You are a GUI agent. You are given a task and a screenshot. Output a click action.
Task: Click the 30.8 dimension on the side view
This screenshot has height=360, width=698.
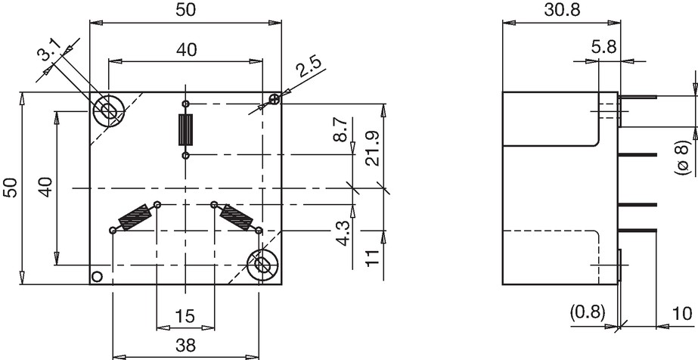(x=562, y=10)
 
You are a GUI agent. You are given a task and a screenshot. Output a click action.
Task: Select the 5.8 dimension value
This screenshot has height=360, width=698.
(x=604, y=46)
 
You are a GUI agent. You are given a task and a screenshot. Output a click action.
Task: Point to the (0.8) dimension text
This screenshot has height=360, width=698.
(x=588, y=312)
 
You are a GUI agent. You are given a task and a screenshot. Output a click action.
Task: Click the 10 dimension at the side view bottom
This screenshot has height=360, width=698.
(x=681, y=313)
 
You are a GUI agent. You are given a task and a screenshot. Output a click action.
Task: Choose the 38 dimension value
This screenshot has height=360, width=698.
(x=185, y=346)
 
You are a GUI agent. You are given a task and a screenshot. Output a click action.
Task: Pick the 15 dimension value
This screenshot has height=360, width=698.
(x=185, y=316)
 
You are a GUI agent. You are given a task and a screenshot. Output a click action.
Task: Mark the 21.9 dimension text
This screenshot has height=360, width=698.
(x=372, y=149)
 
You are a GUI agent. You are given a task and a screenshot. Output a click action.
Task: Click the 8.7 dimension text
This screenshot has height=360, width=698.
(x=340, y=129)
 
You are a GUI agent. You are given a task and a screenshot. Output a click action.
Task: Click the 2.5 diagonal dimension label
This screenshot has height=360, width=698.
(x=309, y=67)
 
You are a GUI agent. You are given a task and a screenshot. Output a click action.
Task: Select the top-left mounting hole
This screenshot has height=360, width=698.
(x=107, y=110)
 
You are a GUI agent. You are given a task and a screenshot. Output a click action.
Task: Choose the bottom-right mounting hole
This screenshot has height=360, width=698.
(x=262, y=265)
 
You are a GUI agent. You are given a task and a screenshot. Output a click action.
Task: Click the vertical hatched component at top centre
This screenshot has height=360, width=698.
(x=186, y=130)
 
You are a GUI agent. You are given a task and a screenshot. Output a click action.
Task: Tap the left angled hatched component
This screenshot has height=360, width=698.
(x=135, y=217)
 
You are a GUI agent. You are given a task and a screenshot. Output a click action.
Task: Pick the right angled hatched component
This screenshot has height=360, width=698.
(x=237, y=218)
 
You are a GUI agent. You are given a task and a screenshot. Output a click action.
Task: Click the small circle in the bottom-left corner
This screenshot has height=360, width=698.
(x=97, y=277)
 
